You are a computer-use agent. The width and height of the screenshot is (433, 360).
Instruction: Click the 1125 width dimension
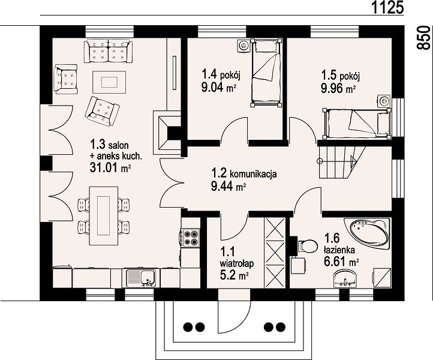click(x=387, y=7)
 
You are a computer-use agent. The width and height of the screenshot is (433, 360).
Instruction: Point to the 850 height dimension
click(x=423, y=38)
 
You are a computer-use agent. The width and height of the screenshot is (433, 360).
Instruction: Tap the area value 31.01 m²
click(x=110, y=168)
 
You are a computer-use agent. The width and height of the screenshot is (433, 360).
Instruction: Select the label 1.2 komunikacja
click(x=244, y=173)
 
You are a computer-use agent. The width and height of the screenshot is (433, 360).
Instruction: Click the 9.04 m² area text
click(x=218, y=88)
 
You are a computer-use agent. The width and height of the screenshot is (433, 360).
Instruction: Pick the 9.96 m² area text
click(x=338, y=89)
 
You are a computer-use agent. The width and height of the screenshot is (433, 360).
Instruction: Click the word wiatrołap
click(x=237, y=264)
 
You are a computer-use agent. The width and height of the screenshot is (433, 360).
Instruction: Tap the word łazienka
click(x=339, y=250)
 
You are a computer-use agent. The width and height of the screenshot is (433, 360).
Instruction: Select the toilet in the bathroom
click(x=307, y=245)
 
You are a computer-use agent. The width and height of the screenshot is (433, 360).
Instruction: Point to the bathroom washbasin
click(x=345, y=278)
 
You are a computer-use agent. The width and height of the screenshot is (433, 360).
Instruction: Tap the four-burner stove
click(x=191, y=238)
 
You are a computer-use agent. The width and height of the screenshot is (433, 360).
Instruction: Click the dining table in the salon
click(x=104, y=216)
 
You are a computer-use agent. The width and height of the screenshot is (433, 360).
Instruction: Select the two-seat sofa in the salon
click(x=108, y=51)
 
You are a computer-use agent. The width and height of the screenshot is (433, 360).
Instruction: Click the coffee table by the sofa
click(x=109, y=82)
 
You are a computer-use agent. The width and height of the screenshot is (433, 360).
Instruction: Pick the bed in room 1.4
click(x=266, y=73)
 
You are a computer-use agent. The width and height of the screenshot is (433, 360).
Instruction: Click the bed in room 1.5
click(x=357, y=123)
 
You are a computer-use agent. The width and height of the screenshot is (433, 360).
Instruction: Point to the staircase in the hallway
click(x=342, y=162)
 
